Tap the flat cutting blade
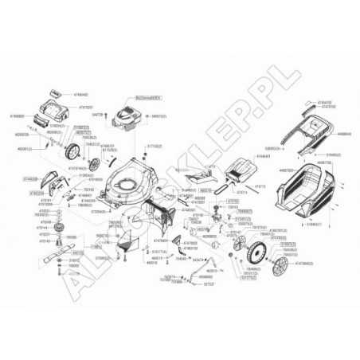click(x=51, y=257)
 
